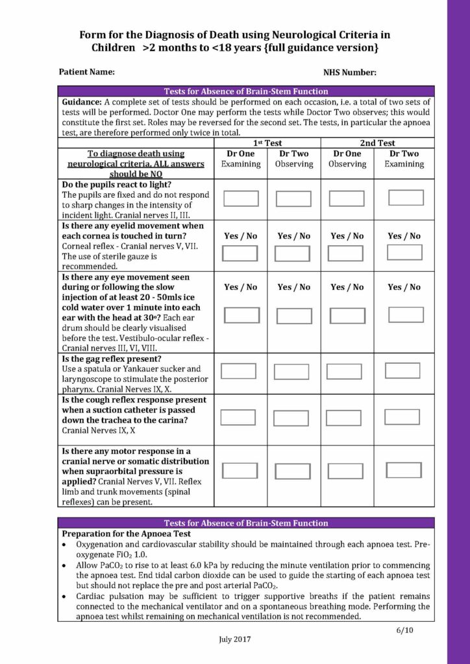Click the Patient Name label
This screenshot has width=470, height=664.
pyautogui.click(x=87, y=72)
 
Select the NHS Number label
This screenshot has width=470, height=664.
pyautogui.click(x=349, y=73)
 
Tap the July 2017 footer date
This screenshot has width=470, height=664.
pyautogui.click(x=234, y=639)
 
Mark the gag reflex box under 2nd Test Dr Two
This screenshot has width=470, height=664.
pyautogui.click(x=402, y=371)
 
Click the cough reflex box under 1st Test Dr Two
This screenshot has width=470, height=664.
pyautogui.click(x=291, y=418)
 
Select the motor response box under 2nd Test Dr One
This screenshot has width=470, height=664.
pyautogui.click(x=345, y=471)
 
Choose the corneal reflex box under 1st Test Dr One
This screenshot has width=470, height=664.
pyautogui.click(x=240, y=254)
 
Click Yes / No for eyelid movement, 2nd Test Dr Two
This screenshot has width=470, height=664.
pyautogui.click(x=404, y=236)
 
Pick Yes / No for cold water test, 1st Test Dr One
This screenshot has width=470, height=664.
pyautogui.click(x=240, y=287)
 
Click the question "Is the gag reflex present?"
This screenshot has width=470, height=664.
pyautogui.click(x=111, y=359)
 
